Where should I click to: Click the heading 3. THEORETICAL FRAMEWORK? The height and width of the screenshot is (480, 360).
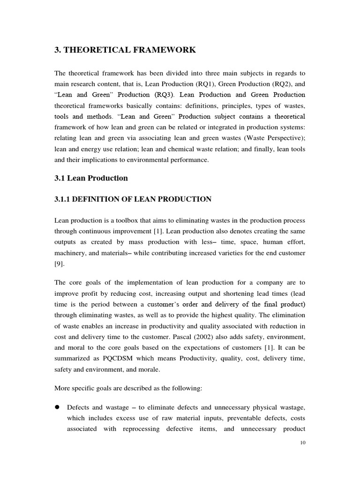125,50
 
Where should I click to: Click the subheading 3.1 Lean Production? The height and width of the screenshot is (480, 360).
91,178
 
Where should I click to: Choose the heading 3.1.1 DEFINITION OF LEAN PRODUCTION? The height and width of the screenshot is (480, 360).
133,199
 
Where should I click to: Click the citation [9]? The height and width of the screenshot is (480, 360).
60,264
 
